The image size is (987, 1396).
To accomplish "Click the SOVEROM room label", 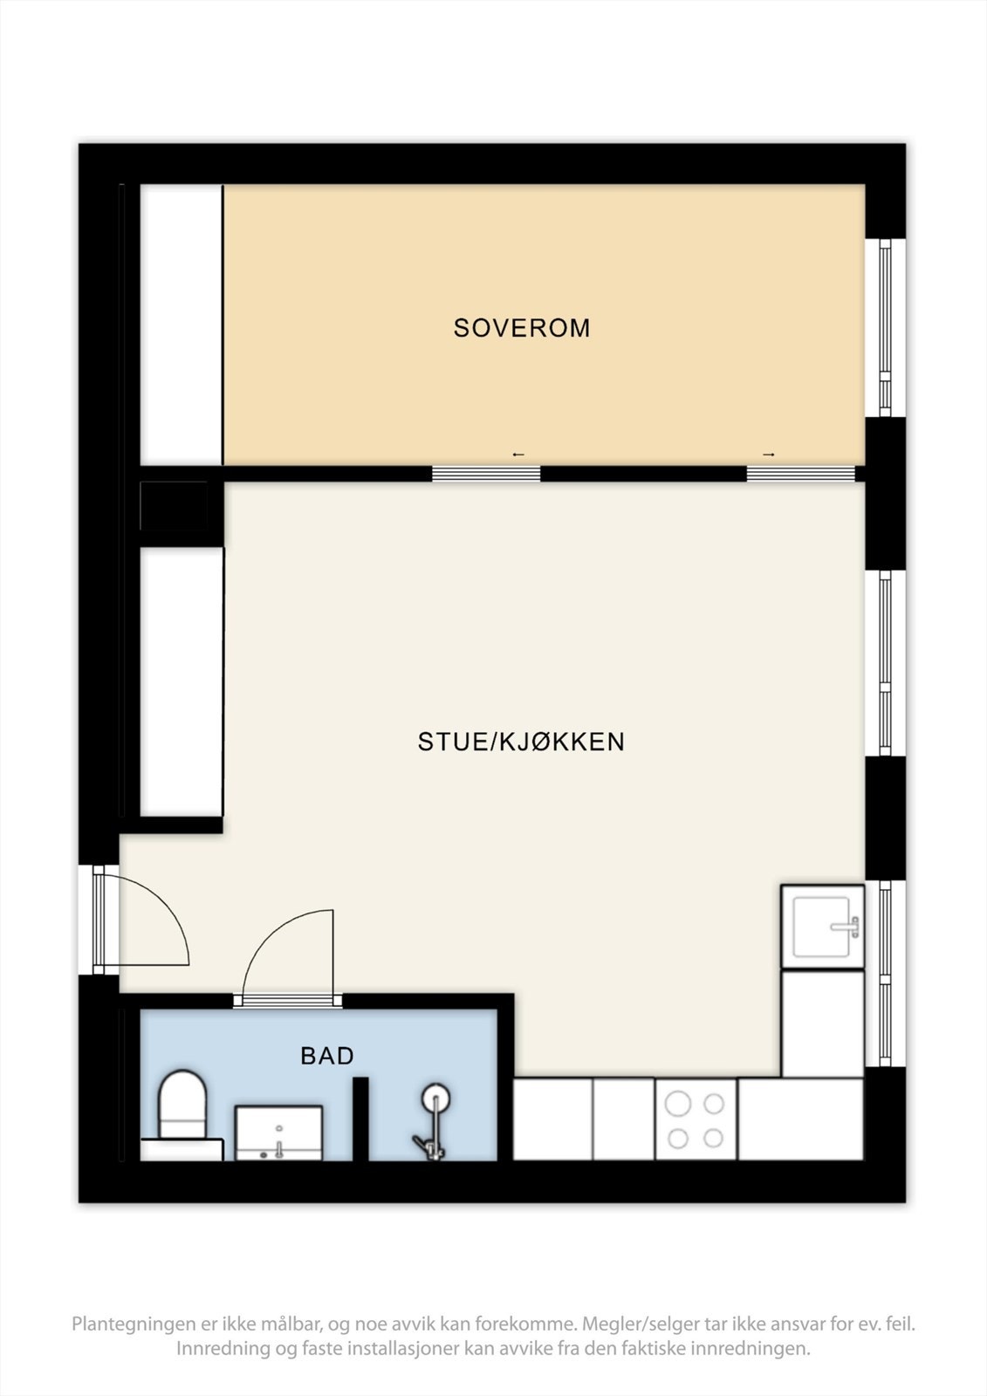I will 522,328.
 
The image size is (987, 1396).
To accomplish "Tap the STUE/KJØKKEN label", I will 521,742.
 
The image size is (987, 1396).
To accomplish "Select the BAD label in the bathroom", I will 327,1056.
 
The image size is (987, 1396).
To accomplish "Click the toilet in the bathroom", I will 182,1106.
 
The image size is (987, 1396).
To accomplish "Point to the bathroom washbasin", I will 278,1133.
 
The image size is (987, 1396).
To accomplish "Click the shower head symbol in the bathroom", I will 435,1098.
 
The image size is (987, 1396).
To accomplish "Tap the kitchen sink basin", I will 822,927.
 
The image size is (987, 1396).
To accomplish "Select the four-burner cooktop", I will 695,1120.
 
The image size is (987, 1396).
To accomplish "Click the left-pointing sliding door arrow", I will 518,455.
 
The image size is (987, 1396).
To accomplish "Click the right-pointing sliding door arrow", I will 769,455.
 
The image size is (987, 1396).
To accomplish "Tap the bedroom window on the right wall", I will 885,327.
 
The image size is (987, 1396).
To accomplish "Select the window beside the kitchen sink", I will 885,973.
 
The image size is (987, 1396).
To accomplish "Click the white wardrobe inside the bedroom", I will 182,325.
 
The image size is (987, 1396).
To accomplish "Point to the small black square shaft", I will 175,506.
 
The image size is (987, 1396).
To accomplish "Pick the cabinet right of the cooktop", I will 800,1120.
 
